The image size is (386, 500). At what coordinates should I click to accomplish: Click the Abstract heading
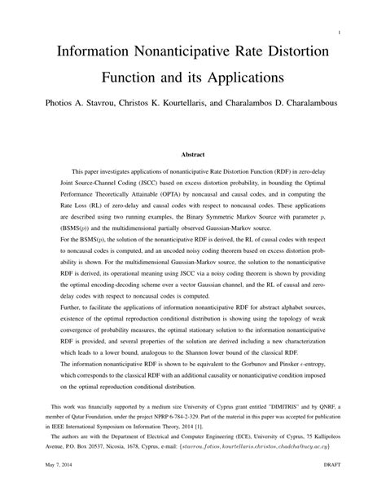pos(192,154)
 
